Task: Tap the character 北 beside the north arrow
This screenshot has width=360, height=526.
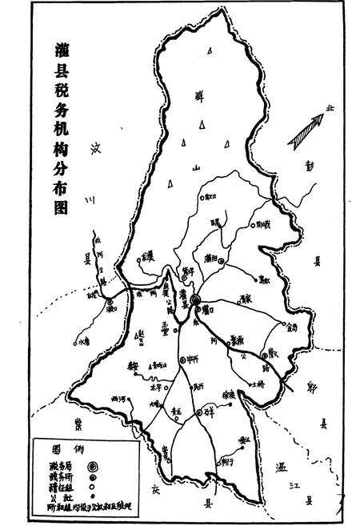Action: [329, 109]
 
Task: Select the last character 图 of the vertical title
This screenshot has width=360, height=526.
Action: [60, 206]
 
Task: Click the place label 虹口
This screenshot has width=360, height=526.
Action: [209, 195]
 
